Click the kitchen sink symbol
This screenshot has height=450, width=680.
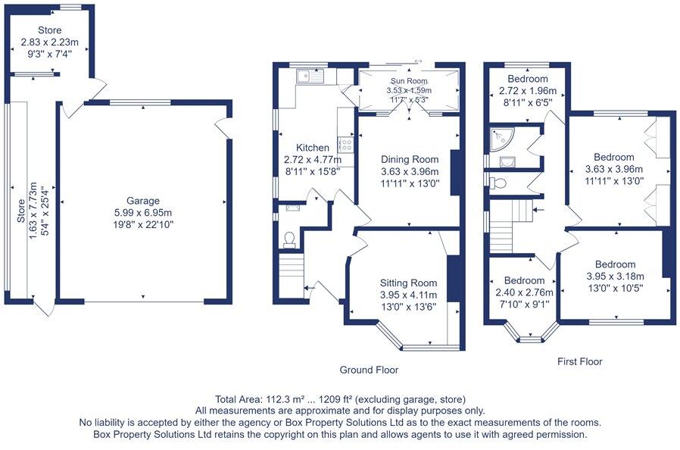click(310, 75)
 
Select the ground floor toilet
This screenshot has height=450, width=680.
click(288, 239)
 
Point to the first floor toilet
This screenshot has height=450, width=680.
click(497, 183)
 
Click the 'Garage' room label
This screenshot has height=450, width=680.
click(142, 201)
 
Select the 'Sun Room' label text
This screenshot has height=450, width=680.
click(409, 81)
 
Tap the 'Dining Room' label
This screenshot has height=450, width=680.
click(409, 159)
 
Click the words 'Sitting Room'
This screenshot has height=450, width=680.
click(409, 283)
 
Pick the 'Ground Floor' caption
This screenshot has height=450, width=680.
click(369, 370)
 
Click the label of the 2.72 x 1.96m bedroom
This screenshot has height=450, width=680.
click(528, 79)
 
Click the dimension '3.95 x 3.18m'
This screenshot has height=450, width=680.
click(615, 277)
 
